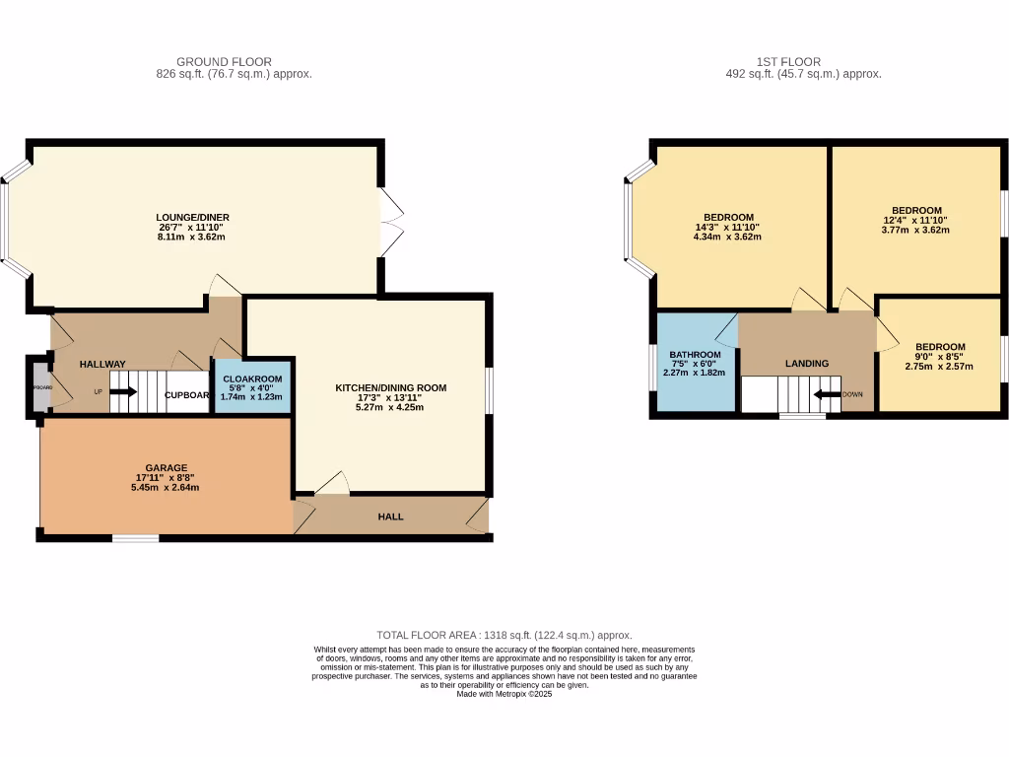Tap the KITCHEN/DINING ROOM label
[x=390, y=388]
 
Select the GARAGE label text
[x=166, y=468]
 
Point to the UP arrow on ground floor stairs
[x=122, y=392]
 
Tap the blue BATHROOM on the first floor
[x=696, y=364]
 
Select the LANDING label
[x=806, y=364]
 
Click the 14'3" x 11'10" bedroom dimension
[x=727, y=227]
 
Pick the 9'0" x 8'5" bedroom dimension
[x=939, y=357]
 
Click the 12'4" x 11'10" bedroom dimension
[x=916, y=220]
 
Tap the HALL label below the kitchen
[x=391, y=516]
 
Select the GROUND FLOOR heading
[x=224, y=62]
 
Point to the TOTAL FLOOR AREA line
[x=504, y=636]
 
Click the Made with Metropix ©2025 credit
[x=504, y=694]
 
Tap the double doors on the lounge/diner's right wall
[x=390, y=222]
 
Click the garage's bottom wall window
[x=135, y=538]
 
